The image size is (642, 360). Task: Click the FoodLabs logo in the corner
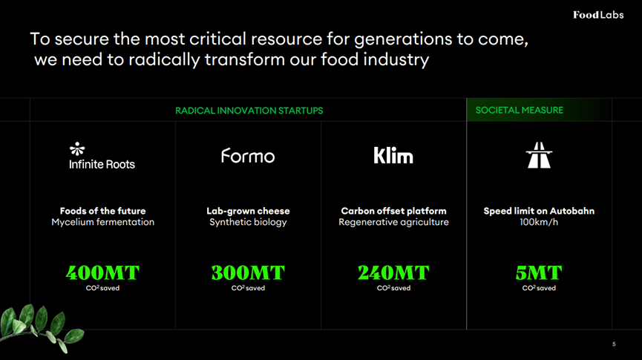pyautogui.click(x=598, y=15)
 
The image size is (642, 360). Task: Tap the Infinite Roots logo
pyautogui.click(x=102, y=156)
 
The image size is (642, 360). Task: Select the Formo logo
pyautogui.click(x=248, y=156)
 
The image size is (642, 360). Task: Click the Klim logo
pyautogui.click(x=393, y=155)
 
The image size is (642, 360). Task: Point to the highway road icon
pyautogui.click(x=539, y=155)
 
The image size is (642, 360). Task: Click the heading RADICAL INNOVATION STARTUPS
pyautogui.click(x=249, y=111)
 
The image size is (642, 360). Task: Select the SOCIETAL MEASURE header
pyautogui.click(x=520, y=110)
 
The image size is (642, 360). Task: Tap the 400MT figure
pyautogui.click(x=102, y=272)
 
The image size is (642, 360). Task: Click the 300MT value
pyautogui.click(x=248, y=272)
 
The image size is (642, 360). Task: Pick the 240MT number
pyautogui.click(x=393, y=272)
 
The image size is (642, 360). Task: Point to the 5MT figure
pyautogui.click(x=539, y=272)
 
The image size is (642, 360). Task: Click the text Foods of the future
pyautogui.click(x=102, y=211)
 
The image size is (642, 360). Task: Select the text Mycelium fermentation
pyautogui.click(x=102, y=222)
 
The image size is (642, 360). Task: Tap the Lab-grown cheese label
pyautogui.click(x=248, y=211)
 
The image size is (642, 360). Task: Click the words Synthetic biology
pyautogui.click(x=248, y=222)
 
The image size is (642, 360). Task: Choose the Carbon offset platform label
pyautogui.click(x=393, y=211)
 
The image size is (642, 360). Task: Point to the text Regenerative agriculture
pyautogui.click(x=393, y=222)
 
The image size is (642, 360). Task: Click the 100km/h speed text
pyautogui.click(x=539, y=222)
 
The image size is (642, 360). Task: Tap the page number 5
pyautogui.click(x=614, y=344)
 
